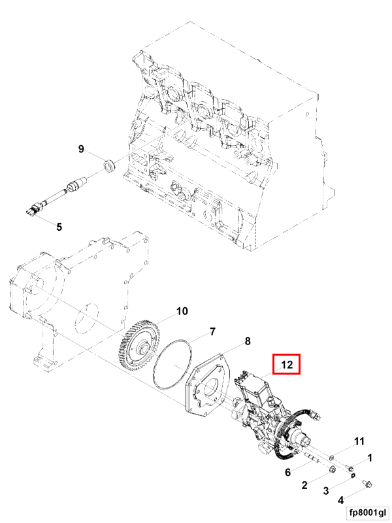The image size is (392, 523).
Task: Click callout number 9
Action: (81, 148)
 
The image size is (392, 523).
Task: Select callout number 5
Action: (59, 227)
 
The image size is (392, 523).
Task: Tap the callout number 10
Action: (182, 311)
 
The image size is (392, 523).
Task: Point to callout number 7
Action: (212, 331)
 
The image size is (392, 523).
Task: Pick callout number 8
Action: (248, 341)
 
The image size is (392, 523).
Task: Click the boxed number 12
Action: (287, 364)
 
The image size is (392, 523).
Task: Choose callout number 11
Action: (359, 441)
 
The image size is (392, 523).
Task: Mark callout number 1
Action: (369, 458)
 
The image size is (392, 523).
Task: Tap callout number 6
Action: (287, 472)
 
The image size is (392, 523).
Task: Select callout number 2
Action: (304, 485)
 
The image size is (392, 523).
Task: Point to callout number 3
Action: (325, 491)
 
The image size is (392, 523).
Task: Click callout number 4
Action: (340, 500)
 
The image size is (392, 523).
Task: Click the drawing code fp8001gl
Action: (368, 512)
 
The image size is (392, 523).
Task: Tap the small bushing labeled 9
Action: (109, 166)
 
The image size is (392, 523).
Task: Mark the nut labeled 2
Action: (332, 470)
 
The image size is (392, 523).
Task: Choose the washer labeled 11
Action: (332, 456)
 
